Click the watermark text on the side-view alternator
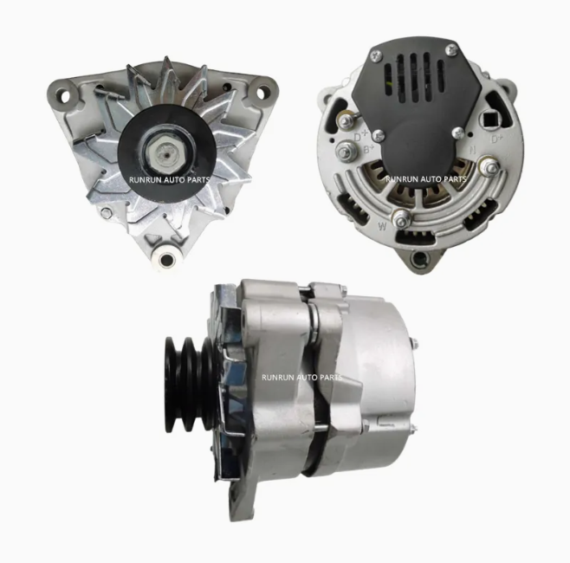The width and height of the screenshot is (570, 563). click(301, 378)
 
